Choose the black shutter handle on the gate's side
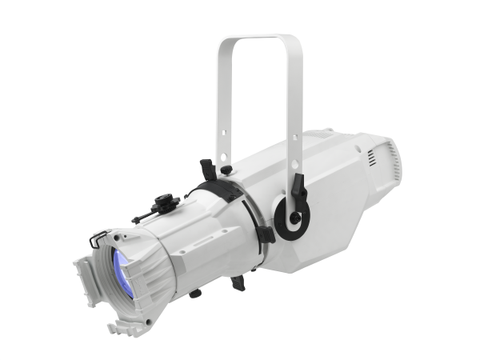pos(266,234)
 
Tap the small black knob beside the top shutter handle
pos(227,169)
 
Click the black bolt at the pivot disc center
pos(295,218)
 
